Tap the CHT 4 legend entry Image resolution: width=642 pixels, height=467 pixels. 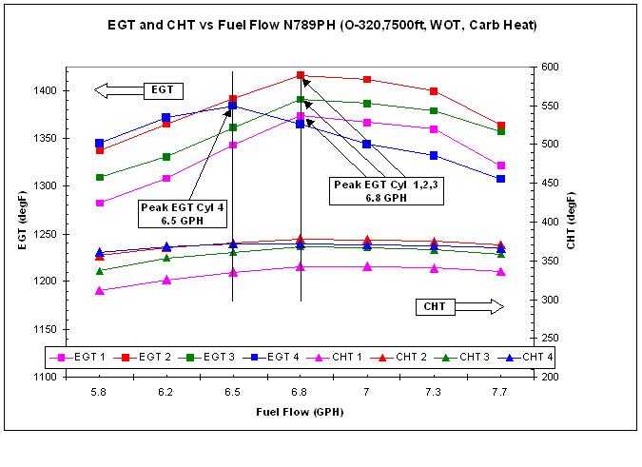click(535, 358)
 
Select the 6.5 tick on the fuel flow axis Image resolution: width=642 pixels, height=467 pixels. click(233, 391)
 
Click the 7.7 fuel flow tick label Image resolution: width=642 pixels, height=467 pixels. click(501, 391)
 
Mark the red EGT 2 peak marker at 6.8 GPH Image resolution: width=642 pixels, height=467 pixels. click(301, 75)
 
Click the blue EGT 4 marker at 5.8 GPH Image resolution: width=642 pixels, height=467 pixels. click(100, 144)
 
